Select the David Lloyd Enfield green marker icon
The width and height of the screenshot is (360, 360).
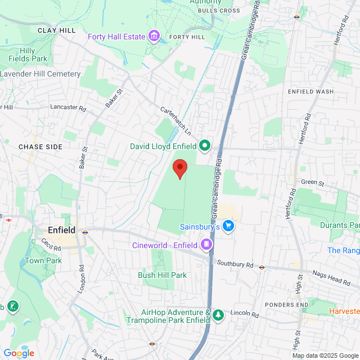205,146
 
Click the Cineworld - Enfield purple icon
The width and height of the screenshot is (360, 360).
206,245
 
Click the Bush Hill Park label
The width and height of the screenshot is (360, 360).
162,275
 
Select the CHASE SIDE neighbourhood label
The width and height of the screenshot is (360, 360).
40,147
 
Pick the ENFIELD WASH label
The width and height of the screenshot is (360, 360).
310,92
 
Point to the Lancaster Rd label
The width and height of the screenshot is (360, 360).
67,106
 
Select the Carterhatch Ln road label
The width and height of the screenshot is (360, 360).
175,120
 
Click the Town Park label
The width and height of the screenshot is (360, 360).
43,261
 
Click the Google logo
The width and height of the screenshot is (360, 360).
19,353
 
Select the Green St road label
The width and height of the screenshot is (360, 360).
313,182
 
